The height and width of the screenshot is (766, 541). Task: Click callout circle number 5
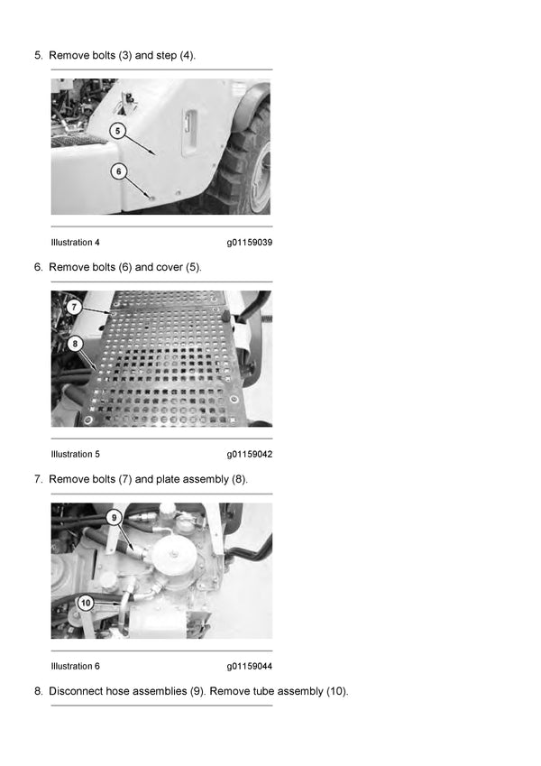coord(118,132)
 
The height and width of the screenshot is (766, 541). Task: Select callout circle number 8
coord(73,343)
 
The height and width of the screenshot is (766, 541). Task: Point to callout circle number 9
coord(113,518)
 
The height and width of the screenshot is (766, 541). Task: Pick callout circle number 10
coord(86,603)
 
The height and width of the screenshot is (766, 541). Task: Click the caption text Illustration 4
coord(76,243)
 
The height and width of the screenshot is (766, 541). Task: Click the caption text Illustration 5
coord(76,455)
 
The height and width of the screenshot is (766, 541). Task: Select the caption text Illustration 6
coord(76,667)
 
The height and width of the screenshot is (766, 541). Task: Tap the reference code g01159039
coord(249,243)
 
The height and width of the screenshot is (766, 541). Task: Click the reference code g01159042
coord(249,455)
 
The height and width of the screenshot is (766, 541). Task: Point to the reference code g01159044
coord(249,667)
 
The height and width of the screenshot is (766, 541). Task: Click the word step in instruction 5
coord(165,56)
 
